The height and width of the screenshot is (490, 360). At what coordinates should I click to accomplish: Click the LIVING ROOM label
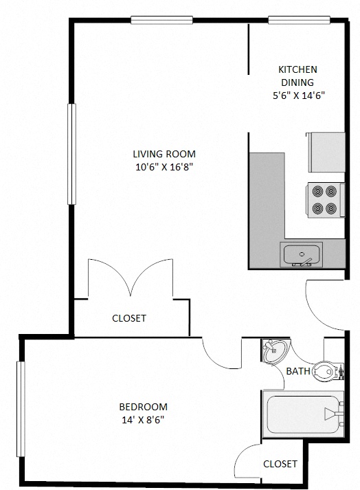pyautogui.click(x=164, y=154)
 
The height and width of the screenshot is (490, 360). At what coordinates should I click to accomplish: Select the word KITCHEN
pyautogui.click(x=297, y=69)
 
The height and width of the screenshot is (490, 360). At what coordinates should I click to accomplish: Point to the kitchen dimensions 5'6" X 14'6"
pyautogui.click(x=297, y=96)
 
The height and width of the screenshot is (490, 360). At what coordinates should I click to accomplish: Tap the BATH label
pyautogui.click(x=298, y=372)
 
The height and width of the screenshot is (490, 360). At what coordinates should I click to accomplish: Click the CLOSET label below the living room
pyautogui.click(x=129, y=318)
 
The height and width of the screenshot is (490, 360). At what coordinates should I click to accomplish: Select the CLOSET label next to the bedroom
pyautogui.click(x=280, y=464)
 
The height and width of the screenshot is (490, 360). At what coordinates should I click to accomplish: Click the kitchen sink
pyautogui.click(x=302, y=254)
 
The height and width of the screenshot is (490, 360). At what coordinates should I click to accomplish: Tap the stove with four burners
pyautogui.click(x=324, y=199)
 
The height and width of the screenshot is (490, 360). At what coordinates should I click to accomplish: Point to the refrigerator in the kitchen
pyautogui.click(x=326, y=152)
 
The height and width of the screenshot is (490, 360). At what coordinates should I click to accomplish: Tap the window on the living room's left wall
pyautogui.click(x=71, y=153)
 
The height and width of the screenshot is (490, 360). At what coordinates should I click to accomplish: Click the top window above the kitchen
pyautogui.click(x=291, y=20)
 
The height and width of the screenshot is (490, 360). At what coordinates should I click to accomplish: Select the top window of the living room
pyautogui.click(x=161, y=20)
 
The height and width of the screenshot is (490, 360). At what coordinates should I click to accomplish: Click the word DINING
pyautogui.click(x=297, y=82)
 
